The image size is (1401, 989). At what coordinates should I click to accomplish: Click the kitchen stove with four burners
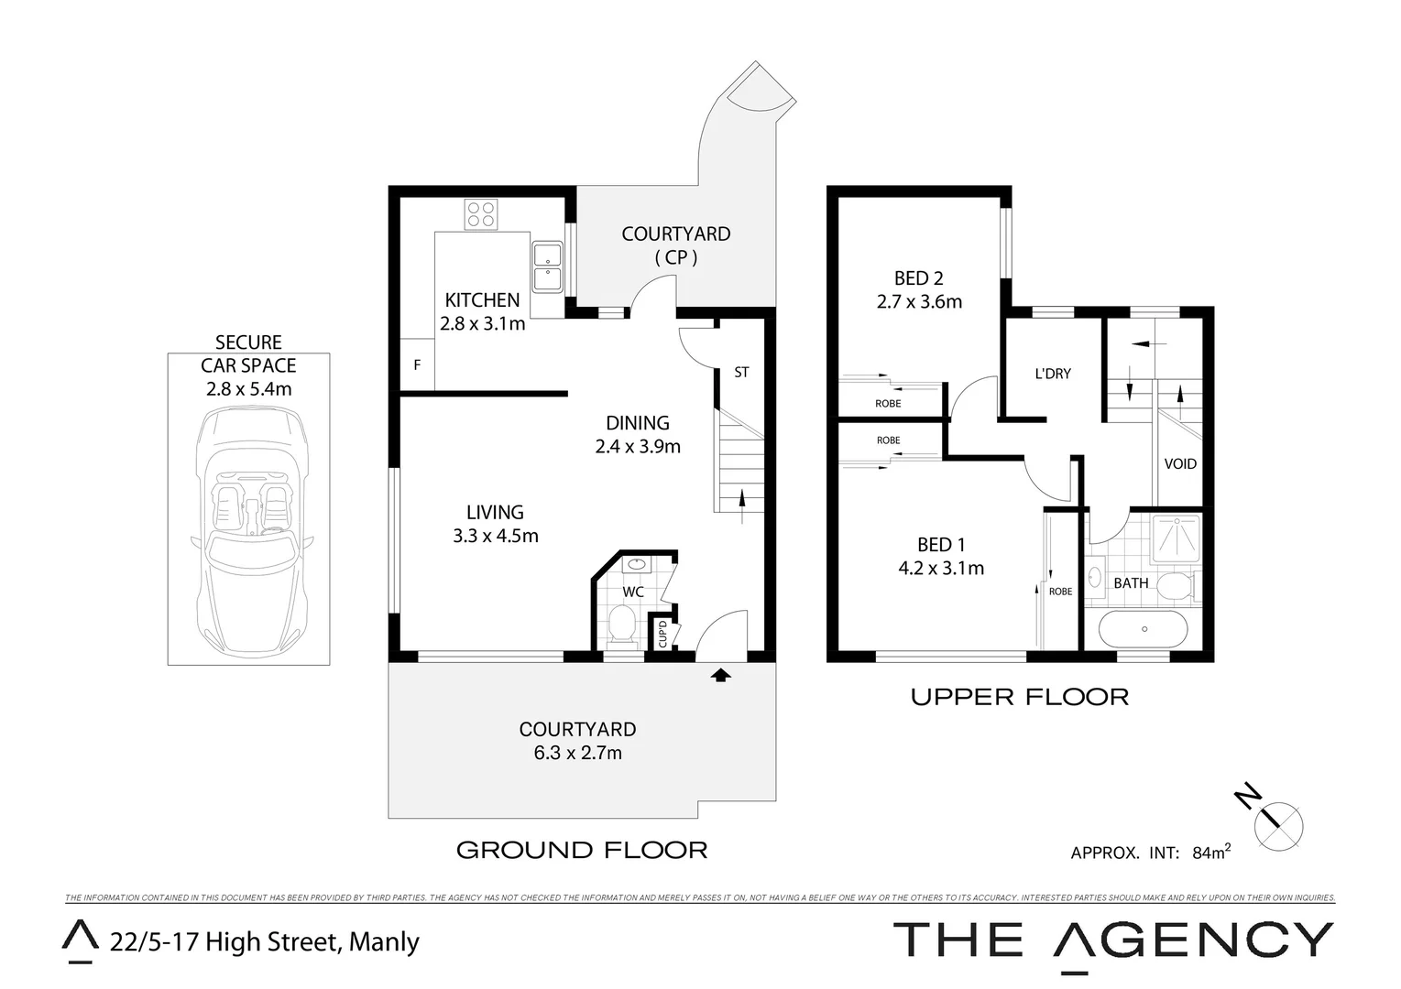(481, 215)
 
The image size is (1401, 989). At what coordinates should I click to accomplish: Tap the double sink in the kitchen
(547, 266)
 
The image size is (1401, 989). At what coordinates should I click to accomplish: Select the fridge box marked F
(417, 365)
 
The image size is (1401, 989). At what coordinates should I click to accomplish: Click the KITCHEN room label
(482, 300)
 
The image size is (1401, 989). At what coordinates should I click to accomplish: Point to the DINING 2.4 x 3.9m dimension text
(638, 447)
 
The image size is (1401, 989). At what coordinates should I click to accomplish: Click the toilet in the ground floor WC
(623, 627)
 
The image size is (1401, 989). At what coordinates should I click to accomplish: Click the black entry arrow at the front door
(721, 676)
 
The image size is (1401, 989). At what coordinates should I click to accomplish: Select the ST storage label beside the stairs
(741, 373)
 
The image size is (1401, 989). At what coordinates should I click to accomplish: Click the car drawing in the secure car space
(248, 531)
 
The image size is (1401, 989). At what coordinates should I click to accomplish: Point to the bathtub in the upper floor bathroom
(1143, 629)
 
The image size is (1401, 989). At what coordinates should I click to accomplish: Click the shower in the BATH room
(1176, 537)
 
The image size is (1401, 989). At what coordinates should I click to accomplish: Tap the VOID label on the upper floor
(1179, 464)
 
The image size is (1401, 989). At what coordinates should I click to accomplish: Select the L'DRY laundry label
(1052, 374)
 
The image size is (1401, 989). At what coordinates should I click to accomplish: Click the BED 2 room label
(918, 278)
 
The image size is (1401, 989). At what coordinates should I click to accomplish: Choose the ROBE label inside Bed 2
(887, 404)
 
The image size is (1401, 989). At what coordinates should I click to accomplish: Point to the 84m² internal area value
(1210, 853)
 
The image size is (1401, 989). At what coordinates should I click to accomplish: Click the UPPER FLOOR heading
(1019, 698)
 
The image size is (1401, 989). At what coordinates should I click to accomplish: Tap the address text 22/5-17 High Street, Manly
(264, 942)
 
